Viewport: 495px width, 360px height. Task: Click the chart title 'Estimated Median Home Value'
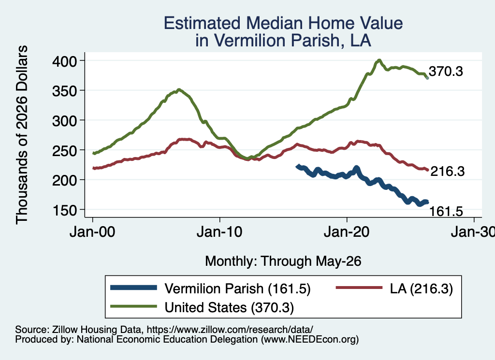(x=283, y=23)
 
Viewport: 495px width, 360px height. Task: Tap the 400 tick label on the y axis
(x=64, y=61)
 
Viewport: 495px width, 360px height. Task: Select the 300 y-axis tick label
(x=64, y=120)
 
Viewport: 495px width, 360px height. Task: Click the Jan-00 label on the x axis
(x=92, y=232)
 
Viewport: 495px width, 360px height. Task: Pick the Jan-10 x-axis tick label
(x=219, y=232)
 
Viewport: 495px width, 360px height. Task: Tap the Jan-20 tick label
(x=347, y=232)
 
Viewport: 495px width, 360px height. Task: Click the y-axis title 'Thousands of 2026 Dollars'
(x=22, y=135)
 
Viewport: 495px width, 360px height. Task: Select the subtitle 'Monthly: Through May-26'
(x=283, y=261)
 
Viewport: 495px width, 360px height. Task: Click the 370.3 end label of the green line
(x=446, y=72)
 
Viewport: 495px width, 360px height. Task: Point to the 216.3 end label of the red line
(x=448, y=172)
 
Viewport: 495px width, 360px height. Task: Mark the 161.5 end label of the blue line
(x=446, y=211)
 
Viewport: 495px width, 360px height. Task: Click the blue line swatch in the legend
(x=133, y=288)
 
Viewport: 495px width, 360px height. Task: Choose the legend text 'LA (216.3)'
(x=421, y=288)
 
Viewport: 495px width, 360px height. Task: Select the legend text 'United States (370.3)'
(x=229, y=307)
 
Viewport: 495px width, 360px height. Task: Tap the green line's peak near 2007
(x=179, y=89)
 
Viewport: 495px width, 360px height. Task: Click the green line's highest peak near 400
(x=379, y=60)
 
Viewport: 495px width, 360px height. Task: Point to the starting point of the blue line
(x=297, y=166)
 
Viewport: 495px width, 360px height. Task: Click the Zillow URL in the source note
(x=230, y=330)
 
